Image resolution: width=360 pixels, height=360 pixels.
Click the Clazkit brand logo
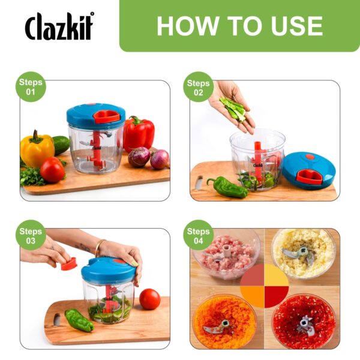coord(59,26)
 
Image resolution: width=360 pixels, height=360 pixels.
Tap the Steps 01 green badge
coord(31,87)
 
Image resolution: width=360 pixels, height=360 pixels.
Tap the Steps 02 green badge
coord(198,87)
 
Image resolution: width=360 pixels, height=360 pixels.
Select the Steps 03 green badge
coord(31,236)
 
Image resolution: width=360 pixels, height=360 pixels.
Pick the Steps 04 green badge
coord(198,236)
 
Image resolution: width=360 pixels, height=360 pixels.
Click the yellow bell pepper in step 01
coord(37,149)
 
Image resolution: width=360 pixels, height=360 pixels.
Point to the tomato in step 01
coord(53,170)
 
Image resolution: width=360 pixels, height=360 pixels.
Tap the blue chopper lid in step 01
coord(96,116)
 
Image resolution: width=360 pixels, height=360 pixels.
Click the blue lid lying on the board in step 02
coord(308,170)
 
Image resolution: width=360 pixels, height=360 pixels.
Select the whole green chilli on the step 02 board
coord(227,187)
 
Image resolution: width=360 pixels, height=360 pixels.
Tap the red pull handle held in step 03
coord(69,263)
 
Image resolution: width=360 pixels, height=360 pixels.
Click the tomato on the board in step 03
coord(149,298)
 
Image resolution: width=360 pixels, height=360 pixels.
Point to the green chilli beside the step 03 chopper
coord(79,320)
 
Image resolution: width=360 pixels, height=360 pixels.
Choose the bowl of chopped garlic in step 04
coord(303,252)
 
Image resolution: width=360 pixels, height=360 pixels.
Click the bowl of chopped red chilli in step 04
coord(303,321)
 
